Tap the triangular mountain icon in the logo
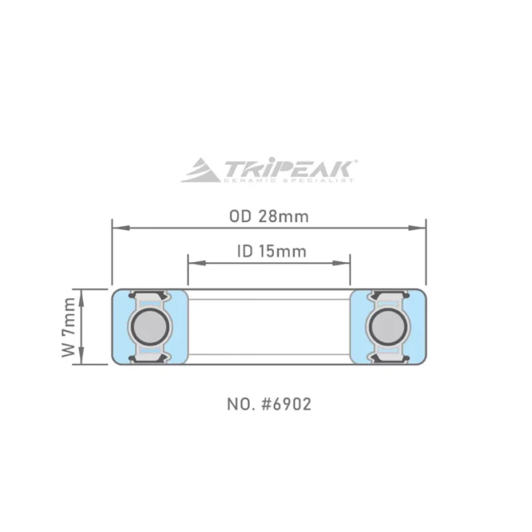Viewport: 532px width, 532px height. [202, 170]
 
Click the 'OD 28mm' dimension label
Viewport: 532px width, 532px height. [269, 217]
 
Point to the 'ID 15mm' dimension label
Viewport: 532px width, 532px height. [271, 251]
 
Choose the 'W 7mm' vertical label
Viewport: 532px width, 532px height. [68, 327]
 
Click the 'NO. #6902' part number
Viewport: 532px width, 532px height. [269, 404]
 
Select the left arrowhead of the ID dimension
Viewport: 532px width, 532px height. [193, 263]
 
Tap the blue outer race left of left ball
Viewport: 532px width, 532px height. [120, 327]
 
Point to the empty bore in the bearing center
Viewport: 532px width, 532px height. [269, 327]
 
